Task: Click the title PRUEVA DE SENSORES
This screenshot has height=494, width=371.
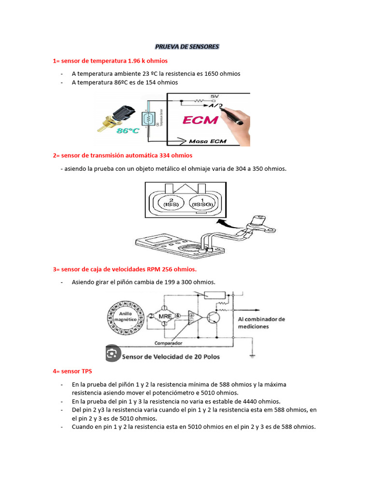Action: coord(187,47)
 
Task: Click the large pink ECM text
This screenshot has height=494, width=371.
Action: coord(200,120)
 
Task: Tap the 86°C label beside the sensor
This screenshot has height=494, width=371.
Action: coord(125,131)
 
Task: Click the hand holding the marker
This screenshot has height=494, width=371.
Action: coord(236,116)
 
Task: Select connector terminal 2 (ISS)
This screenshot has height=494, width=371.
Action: coord(171,201)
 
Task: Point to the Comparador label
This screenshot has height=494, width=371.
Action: coord(168,343)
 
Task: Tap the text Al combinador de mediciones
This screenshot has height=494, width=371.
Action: coord(261,323)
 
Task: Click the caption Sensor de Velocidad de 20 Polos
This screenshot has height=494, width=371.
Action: coord(171,357)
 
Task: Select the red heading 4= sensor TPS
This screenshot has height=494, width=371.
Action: coord(72,371)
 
